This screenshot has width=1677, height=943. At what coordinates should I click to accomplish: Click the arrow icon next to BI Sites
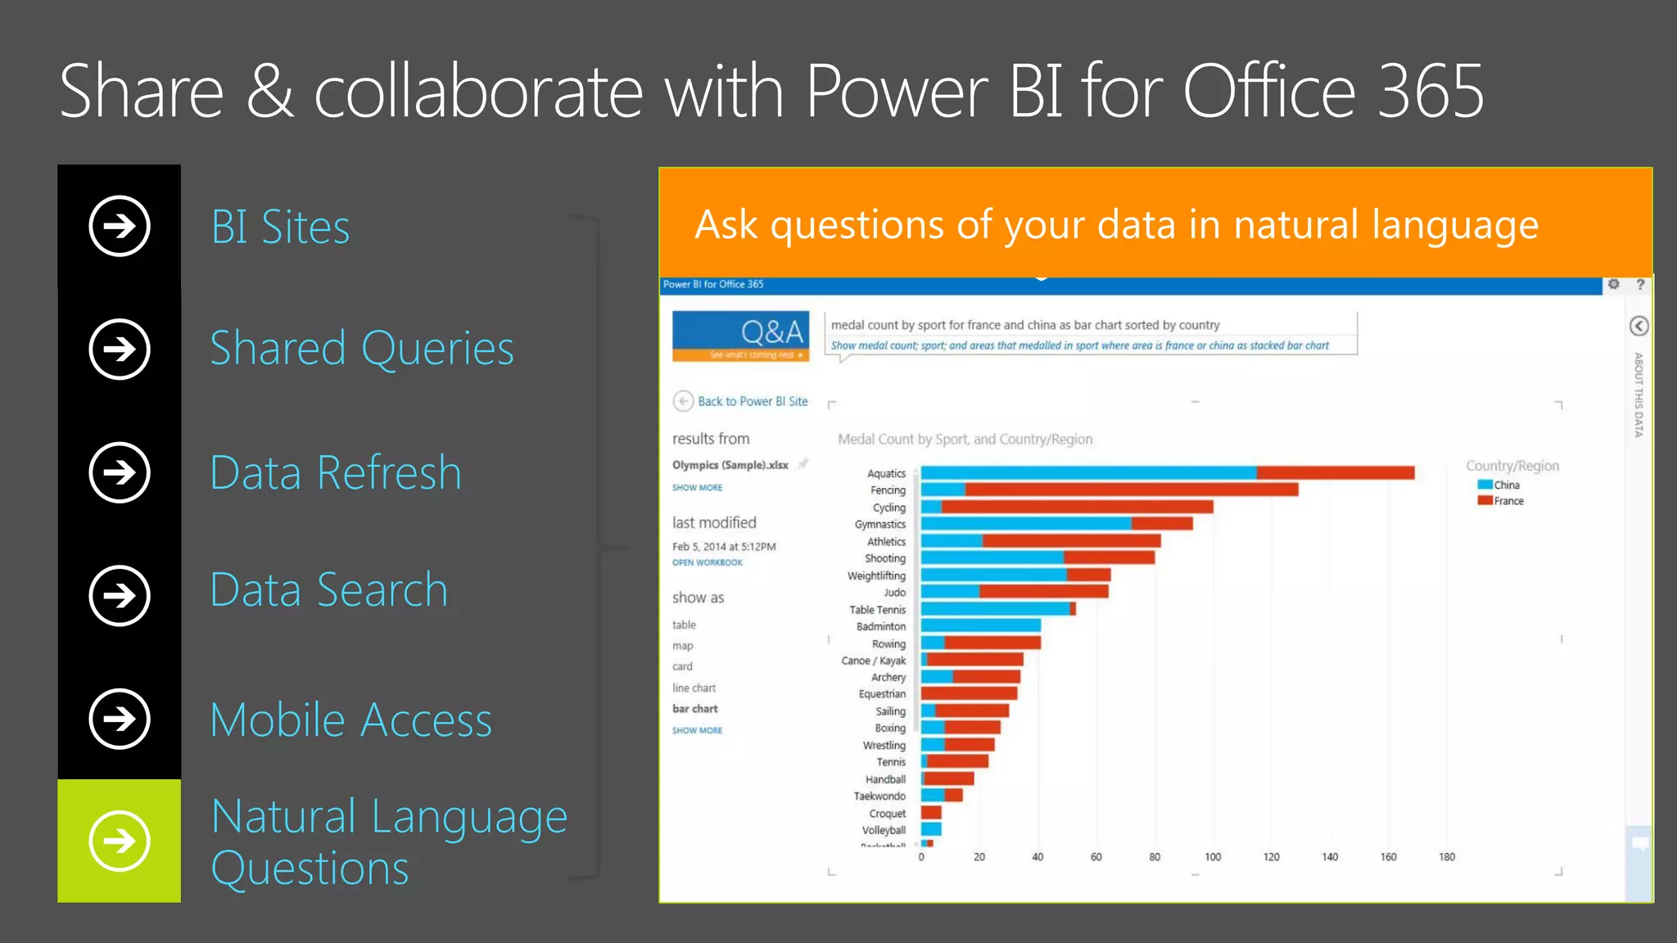point(120,226)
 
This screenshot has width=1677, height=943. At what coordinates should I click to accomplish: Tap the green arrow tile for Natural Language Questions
point(120,841)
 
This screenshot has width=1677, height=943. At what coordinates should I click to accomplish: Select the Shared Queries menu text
point(362,349)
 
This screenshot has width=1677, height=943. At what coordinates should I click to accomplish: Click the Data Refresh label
point(336,473)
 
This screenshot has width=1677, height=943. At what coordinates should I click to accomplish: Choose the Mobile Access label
point(350,720)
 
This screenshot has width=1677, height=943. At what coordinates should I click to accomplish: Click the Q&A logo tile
point(740,335)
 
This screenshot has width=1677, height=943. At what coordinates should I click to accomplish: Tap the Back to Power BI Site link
point(752,401)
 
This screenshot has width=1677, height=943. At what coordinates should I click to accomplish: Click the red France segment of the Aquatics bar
point(1335,473)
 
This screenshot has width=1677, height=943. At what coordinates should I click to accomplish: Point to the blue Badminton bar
point(980,626)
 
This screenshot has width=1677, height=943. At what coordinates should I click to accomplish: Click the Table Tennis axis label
point(877,610)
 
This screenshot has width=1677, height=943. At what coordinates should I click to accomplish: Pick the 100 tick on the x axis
point(1213,857)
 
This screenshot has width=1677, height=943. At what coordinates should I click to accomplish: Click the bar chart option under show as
point(694,709)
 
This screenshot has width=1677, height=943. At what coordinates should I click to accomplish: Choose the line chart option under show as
point(694,688)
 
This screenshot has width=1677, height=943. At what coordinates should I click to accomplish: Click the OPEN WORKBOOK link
point(707,562)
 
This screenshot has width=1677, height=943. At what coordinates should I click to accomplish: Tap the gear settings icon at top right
point(1613,284)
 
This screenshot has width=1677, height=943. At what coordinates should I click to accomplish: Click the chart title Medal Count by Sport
point(965,440)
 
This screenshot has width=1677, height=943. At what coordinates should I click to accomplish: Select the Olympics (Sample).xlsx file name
point(730,465)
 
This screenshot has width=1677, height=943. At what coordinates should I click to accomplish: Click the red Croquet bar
point(931,813)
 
